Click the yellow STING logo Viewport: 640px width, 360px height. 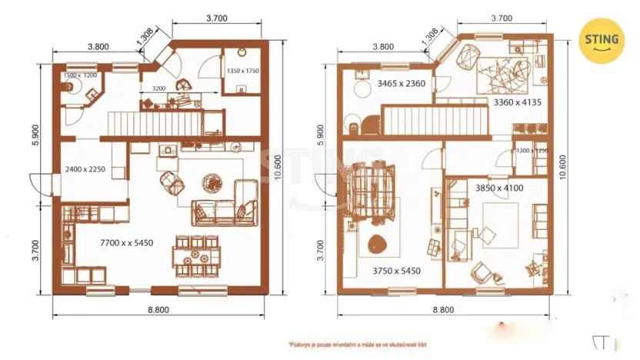(x=602, y=40)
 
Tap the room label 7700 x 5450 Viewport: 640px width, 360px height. (x=126, y=243)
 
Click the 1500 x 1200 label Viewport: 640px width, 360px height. (x=80, y=76)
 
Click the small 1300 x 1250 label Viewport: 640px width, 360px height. (x=532, y=151)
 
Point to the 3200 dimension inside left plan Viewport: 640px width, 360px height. (x=159, y=88)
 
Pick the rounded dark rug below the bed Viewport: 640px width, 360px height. (x=376, y=245)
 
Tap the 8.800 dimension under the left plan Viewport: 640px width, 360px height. (x=159, y=311)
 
